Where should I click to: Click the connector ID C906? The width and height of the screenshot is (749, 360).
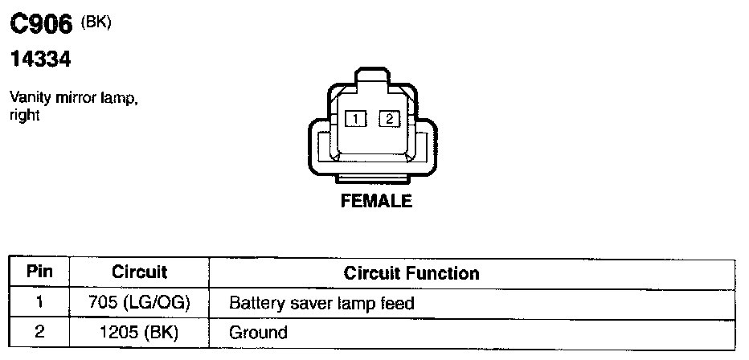pyautogui.click(x=42, y=25)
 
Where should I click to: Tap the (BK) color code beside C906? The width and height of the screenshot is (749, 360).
pyautogui.click(x=95, y=22)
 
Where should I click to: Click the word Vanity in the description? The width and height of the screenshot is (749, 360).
pyautogui.click(x=27, y=98)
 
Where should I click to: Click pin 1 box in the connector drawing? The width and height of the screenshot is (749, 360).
pyautogui.click(x=354, y=119)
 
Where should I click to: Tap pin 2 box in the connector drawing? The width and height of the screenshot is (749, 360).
pyautogui.click(x=389, y=119)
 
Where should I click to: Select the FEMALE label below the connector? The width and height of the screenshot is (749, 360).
pyautogui.click(x=376, y=201)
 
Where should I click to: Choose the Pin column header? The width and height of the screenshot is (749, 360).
pyautogui.click(x=39, y=272)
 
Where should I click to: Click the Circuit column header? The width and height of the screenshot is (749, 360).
pyautogui.click(x=139, y=272)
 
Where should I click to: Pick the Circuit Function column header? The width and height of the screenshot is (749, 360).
pyautogui.click(x=411, y=273)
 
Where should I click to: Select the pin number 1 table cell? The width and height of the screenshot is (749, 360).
pyautogui.click(x=39, y=303)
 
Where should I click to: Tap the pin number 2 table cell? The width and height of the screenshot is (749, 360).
pyautogui.click(x=39, y=331)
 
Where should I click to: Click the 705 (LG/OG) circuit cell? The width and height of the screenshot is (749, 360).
pyautogui.click(x=139, y=304)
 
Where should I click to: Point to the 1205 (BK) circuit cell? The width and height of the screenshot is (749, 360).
pyautogui.click(x=139, y=332)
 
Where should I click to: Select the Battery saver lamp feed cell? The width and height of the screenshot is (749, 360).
pyautogui.click(x=321, y=304)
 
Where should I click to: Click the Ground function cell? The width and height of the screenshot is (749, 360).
pyautogui.click(x=258, y=332)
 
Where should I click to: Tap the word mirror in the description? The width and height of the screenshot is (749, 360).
pyautogui.click(x=79, y=98)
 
